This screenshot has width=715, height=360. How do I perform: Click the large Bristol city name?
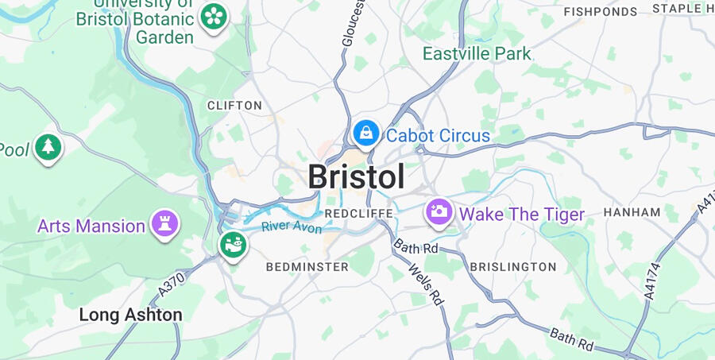coord(357,176)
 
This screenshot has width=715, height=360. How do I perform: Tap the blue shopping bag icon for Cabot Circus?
coord(366,133)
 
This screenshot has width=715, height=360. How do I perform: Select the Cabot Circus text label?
coord(438,136)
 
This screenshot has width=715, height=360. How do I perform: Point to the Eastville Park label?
coord(477,53)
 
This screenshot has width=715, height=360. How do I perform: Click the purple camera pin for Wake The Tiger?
coord(439,211)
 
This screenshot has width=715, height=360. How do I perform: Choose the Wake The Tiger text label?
coord(522,214)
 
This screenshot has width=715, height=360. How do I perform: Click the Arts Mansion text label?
coord(91,226)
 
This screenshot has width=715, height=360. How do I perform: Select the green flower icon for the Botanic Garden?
coord(213,16)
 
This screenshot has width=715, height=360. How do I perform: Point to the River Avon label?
coord(292,227)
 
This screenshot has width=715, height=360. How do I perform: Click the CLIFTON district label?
coord(234,105)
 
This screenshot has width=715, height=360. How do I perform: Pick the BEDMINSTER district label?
coord(307,267)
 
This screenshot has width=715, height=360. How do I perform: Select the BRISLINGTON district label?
coord(513,267)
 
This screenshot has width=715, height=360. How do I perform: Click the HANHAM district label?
coord(632,212)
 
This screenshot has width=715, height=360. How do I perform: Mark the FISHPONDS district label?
coord(601,11)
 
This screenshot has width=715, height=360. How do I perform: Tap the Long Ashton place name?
coord(130,315)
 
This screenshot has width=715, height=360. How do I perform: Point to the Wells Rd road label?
coord(425,285)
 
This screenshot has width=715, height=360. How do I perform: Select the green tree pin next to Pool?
coord(49,146)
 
